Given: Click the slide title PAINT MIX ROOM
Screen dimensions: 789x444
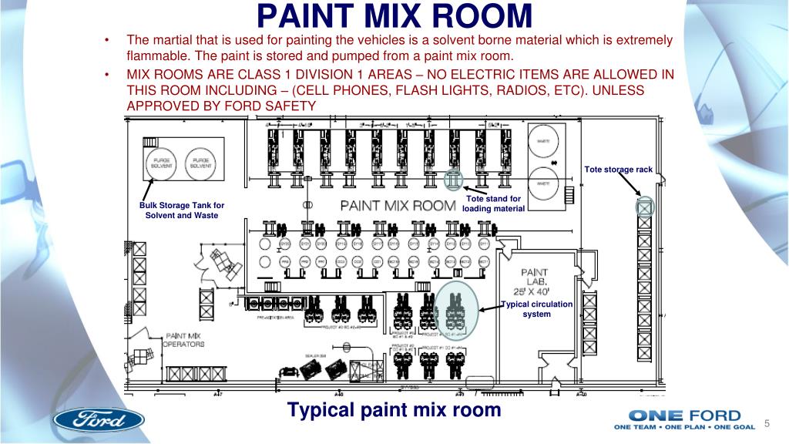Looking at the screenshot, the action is (394, 17).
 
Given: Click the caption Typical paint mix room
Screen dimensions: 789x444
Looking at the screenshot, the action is (394, 409).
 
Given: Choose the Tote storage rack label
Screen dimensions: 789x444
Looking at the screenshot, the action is (618, 170).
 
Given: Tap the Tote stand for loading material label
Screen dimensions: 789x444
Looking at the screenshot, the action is (493, 203).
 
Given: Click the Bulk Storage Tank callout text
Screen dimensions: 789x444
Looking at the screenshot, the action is (182, 210).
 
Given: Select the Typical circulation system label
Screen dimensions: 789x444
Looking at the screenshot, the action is (537, 308).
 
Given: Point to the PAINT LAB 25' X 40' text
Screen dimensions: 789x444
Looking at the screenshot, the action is (535, 282).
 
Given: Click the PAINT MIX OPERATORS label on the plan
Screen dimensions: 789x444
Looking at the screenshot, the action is (185, 340).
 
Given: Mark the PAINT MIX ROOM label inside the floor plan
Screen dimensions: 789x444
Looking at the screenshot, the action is (398, 206).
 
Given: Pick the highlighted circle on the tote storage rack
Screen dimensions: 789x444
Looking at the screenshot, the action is (644, 207).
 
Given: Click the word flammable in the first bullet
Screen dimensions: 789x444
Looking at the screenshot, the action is (157, 57).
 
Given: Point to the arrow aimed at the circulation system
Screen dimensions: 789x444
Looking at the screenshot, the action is (490, 308).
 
